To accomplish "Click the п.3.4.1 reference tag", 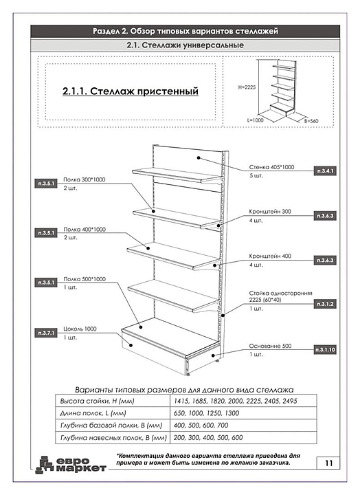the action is [x=325, y=171].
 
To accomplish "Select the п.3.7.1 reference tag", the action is [x=46, y=333].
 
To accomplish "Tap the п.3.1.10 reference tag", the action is [x=325, y=350].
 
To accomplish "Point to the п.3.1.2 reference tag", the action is [x=325, y=304].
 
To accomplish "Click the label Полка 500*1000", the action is [x=85, y=279].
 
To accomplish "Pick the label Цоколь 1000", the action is [x=80, y=329].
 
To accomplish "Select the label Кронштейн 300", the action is [x=270, y=212].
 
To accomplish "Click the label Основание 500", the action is [x=271, y=346].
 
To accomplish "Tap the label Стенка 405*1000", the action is [x=271, y=167].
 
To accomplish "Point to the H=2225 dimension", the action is [x=247, y=87].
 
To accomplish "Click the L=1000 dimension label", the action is [x=256, y=120].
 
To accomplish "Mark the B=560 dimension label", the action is [x=311, y=121].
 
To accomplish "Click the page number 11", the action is [x=329, y=463].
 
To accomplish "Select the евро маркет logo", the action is [x=71, y=465].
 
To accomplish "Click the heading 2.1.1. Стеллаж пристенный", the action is [x=131, y=91].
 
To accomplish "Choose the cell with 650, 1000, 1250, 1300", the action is [x=206, y=413].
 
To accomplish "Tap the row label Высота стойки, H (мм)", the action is [x=97, y=401].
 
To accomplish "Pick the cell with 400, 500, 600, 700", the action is [x=201, y=426].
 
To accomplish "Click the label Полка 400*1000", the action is [x=85, y=230].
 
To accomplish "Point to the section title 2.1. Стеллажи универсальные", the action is [x=185, y=45].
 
